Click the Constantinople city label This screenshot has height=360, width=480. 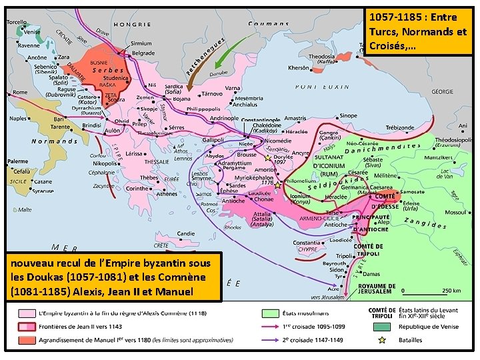[x=260, y=120]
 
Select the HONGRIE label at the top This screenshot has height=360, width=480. [x=132, y=24]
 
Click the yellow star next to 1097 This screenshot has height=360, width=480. [x=269, y=159]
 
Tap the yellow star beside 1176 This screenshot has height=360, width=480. [x=277, y=185]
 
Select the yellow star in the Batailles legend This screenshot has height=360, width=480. [x=382, y=340]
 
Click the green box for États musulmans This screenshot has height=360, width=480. [x=270, y=313]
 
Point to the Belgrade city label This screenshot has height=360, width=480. [x=143, y=53]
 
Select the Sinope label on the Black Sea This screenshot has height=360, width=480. [x=348, y=115]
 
